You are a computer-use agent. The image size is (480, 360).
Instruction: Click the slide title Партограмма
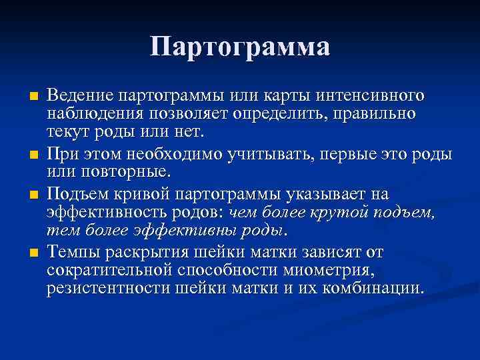click(239, 47)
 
